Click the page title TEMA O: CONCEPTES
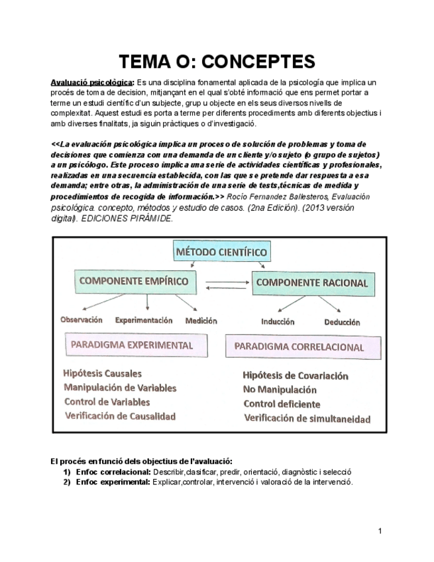pyautogui.click(x=217, y=62)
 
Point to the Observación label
pyautogui.click(x=81, y=319)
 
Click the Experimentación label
pyautogui.click(x=144, y=320)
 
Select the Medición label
pyautogui.click(x=201, y=321)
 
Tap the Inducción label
pyautogui.click(x=278, y=322)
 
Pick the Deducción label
pyautogui.click(x=342, y=322)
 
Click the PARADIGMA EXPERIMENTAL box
pyautogui.click(x=132, y=345)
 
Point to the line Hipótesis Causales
pyautogui.click(x=102, y=373)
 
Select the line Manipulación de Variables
pyautogui.click(x=120, y=387)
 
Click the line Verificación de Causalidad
pyautogui.click(x=120, y=416)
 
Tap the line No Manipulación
pyautogui.click(x=280, y=390)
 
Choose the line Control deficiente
pyautogui.click(x=282, y=404)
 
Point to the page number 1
pyautogui.click(x=380, y=531)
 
